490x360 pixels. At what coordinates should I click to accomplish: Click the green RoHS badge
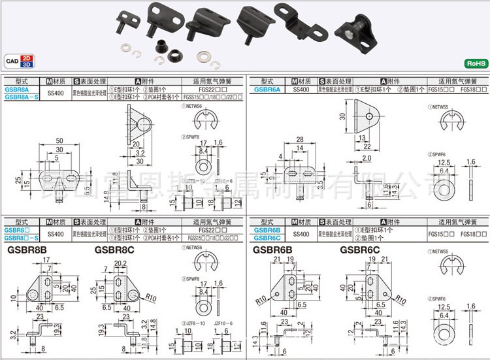click(x=475, y=63)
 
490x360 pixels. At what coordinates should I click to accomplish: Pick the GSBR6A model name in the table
click(x=267, y=89)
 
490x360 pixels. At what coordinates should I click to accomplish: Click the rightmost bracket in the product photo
click(x=354, y=27)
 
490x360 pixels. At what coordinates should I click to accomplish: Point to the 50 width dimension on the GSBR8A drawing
click(x=59, y=141)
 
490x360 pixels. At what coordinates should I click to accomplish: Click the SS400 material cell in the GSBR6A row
click(x=301, y=89)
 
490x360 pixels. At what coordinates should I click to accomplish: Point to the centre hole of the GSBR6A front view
click(x=369, y=116)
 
